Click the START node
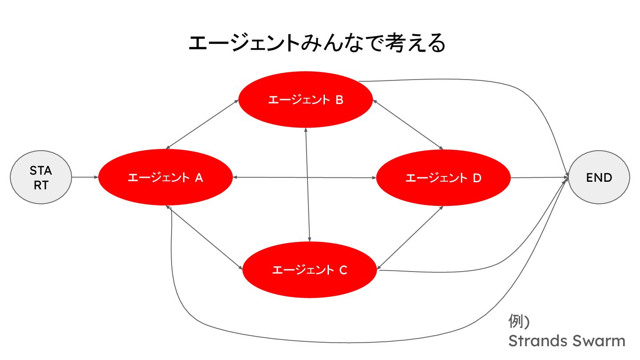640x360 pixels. [41, 178]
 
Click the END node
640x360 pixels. [599, 178]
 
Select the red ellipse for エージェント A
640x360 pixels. [165, 178]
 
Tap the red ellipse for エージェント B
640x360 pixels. [305, 100]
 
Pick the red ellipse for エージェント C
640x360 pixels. [309, 269]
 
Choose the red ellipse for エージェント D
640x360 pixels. [443, 178]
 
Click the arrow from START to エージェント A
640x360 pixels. [84, 178]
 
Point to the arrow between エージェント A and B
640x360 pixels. [202, 124]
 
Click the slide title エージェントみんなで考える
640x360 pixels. [317, 44]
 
